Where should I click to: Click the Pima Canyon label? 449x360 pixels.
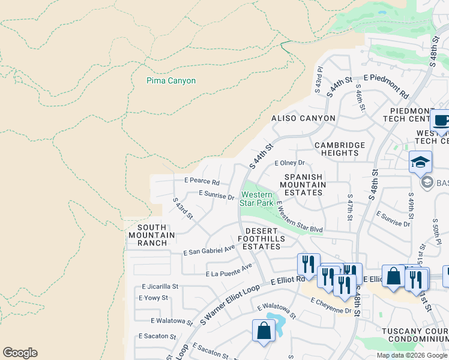171,81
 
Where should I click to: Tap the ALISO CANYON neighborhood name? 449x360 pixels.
303,118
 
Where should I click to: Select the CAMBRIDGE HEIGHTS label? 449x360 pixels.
340,149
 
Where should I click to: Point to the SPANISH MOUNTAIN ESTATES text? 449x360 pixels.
305,185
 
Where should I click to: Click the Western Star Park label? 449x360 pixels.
257,199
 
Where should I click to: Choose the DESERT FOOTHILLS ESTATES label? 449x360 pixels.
262,238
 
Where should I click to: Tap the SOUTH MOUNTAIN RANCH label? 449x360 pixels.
147,235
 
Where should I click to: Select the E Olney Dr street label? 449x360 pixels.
290,163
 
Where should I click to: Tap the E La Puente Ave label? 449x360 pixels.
229,270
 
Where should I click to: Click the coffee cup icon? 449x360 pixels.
441,120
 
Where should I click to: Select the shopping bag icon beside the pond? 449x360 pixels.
264,331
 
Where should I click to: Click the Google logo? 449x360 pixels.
20,353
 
